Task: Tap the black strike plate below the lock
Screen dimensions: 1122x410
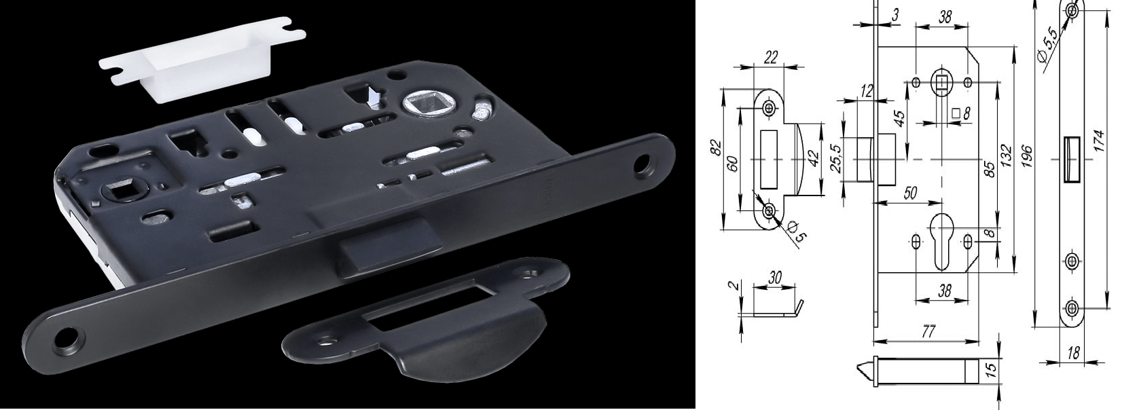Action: click(x=426, y=320)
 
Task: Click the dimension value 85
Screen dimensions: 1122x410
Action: click(x=990, y=169)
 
